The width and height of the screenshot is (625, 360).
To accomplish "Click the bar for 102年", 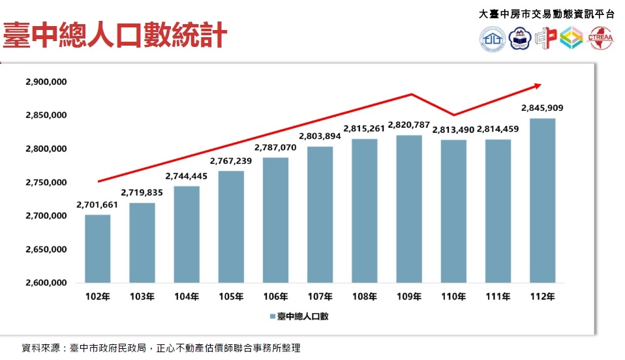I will (97, 249).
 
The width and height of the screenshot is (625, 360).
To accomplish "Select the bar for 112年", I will (542, 201).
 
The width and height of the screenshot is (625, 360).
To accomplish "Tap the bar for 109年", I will (409, 209).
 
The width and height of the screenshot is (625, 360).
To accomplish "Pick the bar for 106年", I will (275, 220).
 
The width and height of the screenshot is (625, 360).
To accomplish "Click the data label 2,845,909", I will (542, 108).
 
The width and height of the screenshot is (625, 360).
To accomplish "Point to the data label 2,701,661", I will (97, 205).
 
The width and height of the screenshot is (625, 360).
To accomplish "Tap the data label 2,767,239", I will (231, 160).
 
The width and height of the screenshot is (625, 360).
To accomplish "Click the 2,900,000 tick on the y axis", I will (46, 82).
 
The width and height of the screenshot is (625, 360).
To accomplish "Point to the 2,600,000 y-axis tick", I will (46, 283).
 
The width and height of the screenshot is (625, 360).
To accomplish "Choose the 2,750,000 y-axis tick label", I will (46, 183).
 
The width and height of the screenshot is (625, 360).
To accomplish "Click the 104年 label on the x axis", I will (187, 297).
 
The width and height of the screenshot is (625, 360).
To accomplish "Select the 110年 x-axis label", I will (453, 297).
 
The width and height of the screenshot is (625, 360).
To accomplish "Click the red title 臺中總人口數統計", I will (114, 35).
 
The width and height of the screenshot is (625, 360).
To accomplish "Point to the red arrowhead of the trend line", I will (538, 84).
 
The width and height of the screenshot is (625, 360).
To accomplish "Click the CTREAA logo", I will (602, 38).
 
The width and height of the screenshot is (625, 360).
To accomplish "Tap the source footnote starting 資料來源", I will (160, 348).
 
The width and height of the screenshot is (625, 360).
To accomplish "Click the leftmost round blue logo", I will (493, 39).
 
